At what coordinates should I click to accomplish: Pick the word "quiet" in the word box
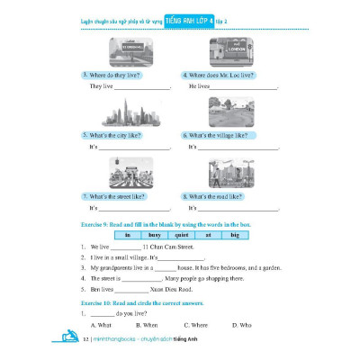coord(183,234)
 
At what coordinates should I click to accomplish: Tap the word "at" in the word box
coord(208,234)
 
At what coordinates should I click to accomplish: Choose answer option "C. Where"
coord(195,324)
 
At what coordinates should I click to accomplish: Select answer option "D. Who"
coord(242,324)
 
